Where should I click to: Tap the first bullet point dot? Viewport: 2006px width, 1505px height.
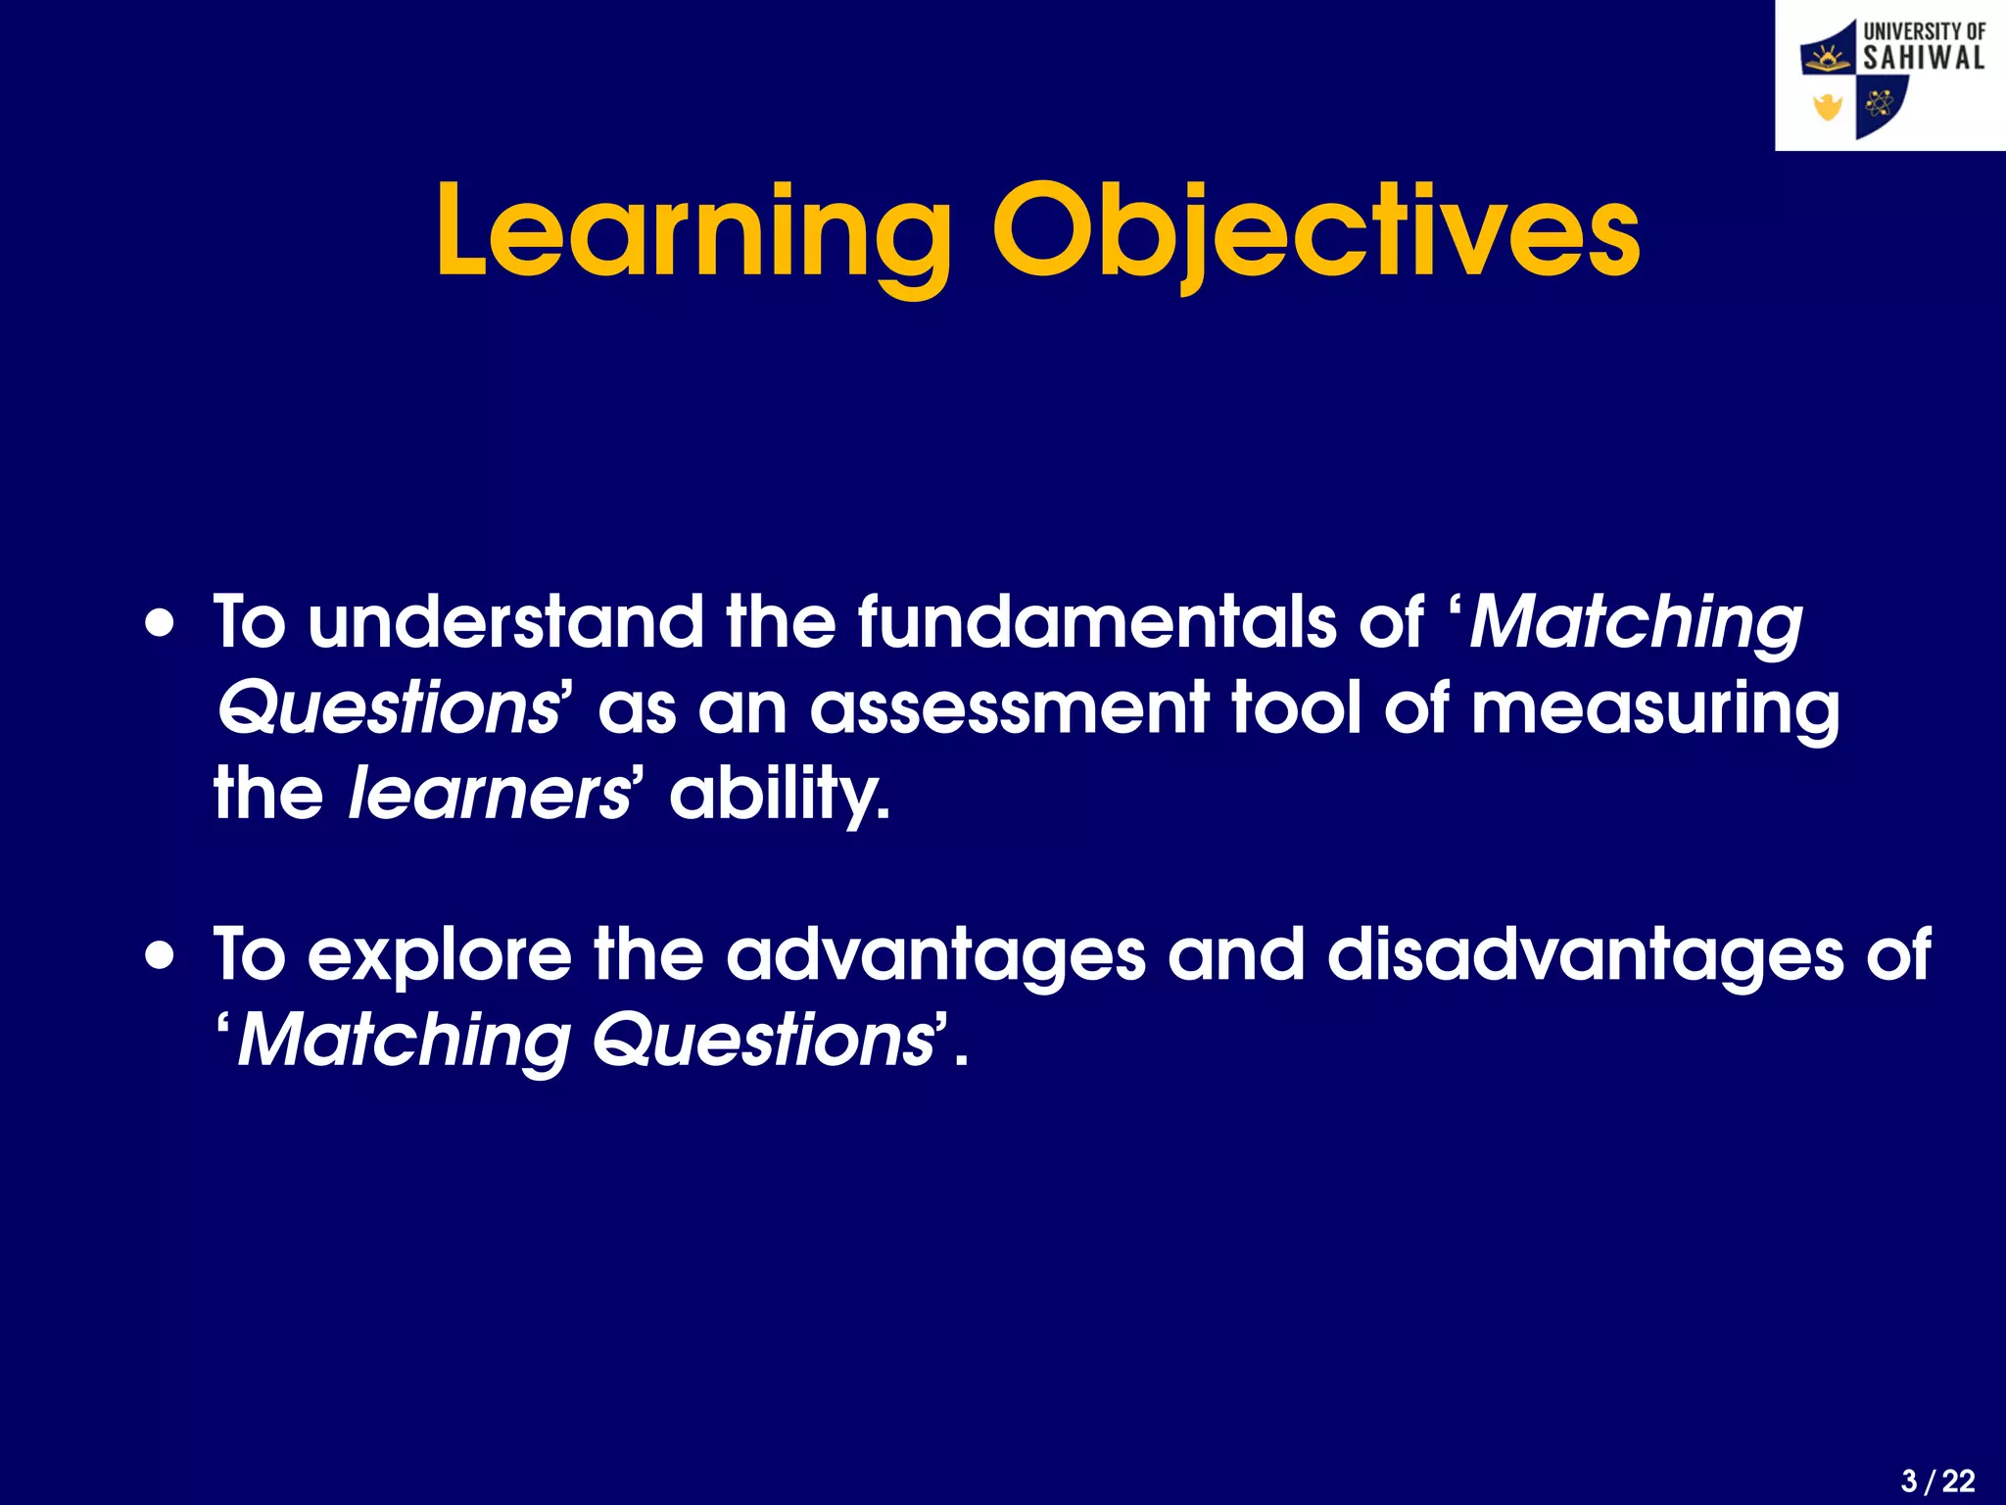161,623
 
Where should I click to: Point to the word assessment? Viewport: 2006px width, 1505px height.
1009,707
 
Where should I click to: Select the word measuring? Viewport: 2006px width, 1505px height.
1654,709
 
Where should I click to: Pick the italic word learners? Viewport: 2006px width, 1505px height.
489,794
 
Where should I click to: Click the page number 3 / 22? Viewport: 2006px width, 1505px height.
1937,1481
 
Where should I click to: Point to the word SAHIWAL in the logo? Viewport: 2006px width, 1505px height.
1924,58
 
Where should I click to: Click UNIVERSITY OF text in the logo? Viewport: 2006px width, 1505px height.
1924,30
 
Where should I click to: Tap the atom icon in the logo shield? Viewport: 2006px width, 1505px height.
1879,103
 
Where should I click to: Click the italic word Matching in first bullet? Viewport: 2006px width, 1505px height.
1636,623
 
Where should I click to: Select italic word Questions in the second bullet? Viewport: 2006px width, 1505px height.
763,1041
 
